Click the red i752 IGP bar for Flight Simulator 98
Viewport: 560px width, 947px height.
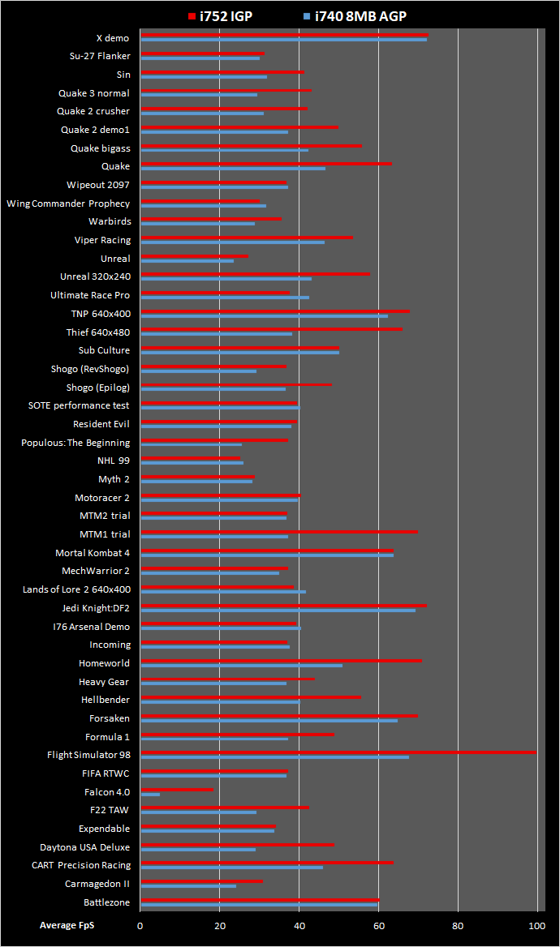[338, 752]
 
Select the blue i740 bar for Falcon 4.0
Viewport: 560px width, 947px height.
[150, 795]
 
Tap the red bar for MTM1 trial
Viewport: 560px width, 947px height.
[279, 531]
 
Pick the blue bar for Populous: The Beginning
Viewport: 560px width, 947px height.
[192, 444]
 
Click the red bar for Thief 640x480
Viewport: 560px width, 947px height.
[271, 329]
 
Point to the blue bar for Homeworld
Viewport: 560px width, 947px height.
[241, 666]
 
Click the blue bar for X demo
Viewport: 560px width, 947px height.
[284, 40]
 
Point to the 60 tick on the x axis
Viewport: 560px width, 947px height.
[378, 925]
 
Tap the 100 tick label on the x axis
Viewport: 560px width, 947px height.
[536, 925]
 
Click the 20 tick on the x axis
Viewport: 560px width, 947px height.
[220, 925]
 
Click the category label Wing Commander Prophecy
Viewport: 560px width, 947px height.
[68, 204]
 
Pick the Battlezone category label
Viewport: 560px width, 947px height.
[106, 902]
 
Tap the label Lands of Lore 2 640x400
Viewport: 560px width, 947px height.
[76, 589]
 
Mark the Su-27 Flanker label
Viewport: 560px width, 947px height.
[100, 56]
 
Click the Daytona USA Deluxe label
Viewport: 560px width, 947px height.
[85, 847]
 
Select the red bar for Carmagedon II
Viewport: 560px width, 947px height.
[201, 881]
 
